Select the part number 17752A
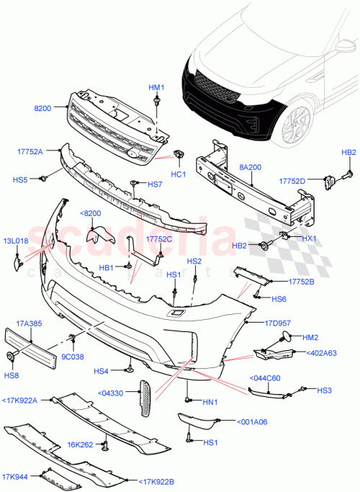(30, 151)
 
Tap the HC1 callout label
(179, 174)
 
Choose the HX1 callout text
(309, 238)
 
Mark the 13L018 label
(17, 241)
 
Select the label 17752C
(158, 239)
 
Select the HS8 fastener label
(12, 375)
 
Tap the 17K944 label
(15, 476)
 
